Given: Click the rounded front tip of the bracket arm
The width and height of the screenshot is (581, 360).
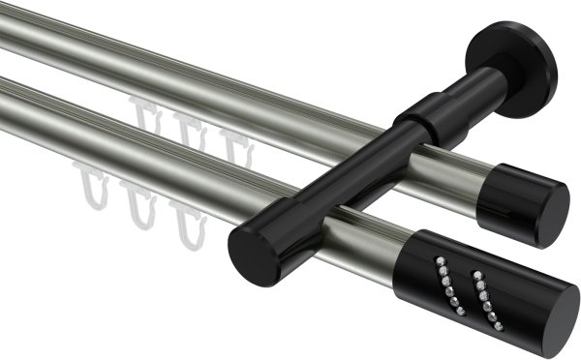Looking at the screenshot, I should tap(253, 255).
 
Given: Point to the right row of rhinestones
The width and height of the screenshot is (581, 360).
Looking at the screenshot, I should tap(481, 294).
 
